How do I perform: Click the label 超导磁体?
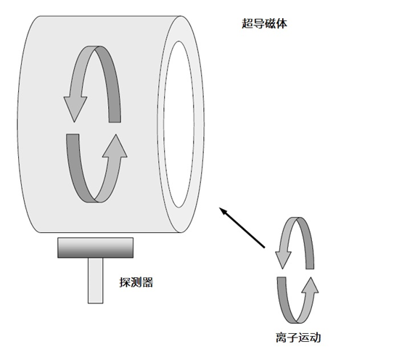264,24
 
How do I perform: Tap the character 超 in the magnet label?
247,24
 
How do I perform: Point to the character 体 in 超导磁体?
282,24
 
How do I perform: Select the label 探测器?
136,282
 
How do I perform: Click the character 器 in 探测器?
148,282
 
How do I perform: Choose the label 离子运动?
298,337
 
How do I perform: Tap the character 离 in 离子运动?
282,337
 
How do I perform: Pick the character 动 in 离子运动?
316,337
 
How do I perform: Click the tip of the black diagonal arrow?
220,208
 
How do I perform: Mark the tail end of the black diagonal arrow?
264,247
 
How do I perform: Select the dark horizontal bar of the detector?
95,247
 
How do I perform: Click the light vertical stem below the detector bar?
95,280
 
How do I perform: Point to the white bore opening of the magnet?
179,124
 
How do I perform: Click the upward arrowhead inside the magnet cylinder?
115,145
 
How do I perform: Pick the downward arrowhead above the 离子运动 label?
283,260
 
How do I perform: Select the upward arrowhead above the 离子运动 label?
311,285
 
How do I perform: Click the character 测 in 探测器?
136,282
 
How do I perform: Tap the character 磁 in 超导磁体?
270,24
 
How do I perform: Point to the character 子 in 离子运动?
292,337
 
